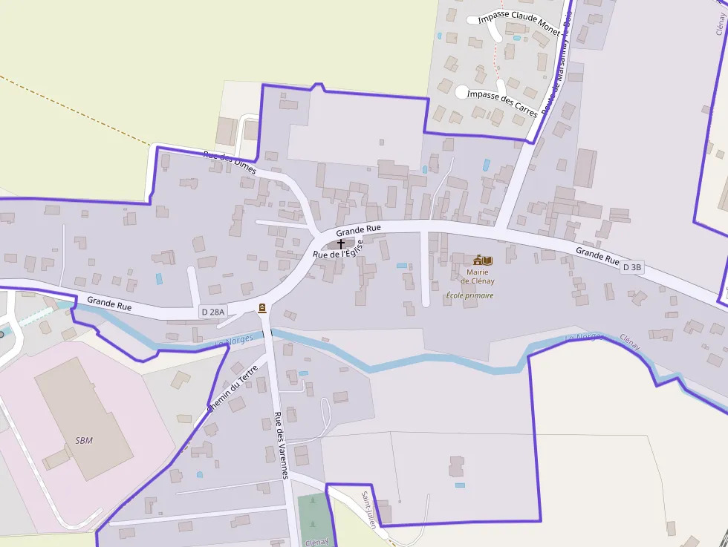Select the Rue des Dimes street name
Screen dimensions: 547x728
pyautogui.click(x=230, y=163)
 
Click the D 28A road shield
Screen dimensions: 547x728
pyautogui.click(x=212, y=312)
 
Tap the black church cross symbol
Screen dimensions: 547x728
pyautogui.click(x=341, y=243)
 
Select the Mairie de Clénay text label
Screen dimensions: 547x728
pyautogui.click(x=477, y=276)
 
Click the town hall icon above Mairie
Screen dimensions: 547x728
pyautogui.click(x=483, y=261)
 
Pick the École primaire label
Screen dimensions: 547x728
pyautogui.click(x=469, y=295)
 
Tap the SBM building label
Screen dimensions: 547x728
pyautogui.click(x=84, y=440)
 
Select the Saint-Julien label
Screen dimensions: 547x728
pyautogui.click(x=369, y=509)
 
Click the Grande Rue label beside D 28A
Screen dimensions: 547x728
pyautogui.click(x=109, y=304)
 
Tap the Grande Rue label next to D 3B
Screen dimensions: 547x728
pyautogui.click(x=597, y=257)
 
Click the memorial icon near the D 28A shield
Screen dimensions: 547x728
pyautogui.click(x=262, y=308)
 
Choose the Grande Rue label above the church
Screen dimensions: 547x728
pyautogui.click(x=358, y=229)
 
